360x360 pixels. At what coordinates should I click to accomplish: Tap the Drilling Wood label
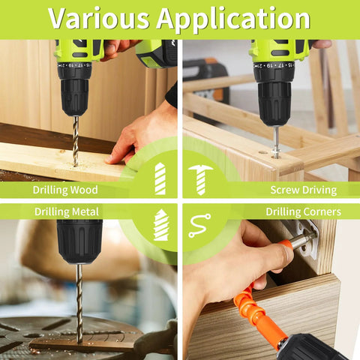(x=65, y=190)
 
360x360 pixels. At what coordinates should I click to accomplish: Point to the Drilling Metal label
(x=67, y=211)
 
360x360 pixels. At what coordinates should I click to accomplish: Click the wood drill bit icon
(x=160, y=178)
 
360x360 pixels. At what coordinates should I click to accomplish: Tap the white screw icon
(x=199, y=179)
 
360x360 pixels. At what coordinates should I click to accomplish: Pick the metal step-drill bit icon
(x=160, y=225)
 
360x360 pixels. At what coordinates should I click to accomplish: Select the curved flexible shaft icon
(x=199, y=226)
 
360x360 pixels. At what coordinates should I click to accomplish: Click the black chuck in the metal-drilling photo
(x=79, y=240)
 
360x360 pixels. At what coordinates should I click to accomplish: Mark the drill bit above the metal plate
(x=78, y=300)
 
